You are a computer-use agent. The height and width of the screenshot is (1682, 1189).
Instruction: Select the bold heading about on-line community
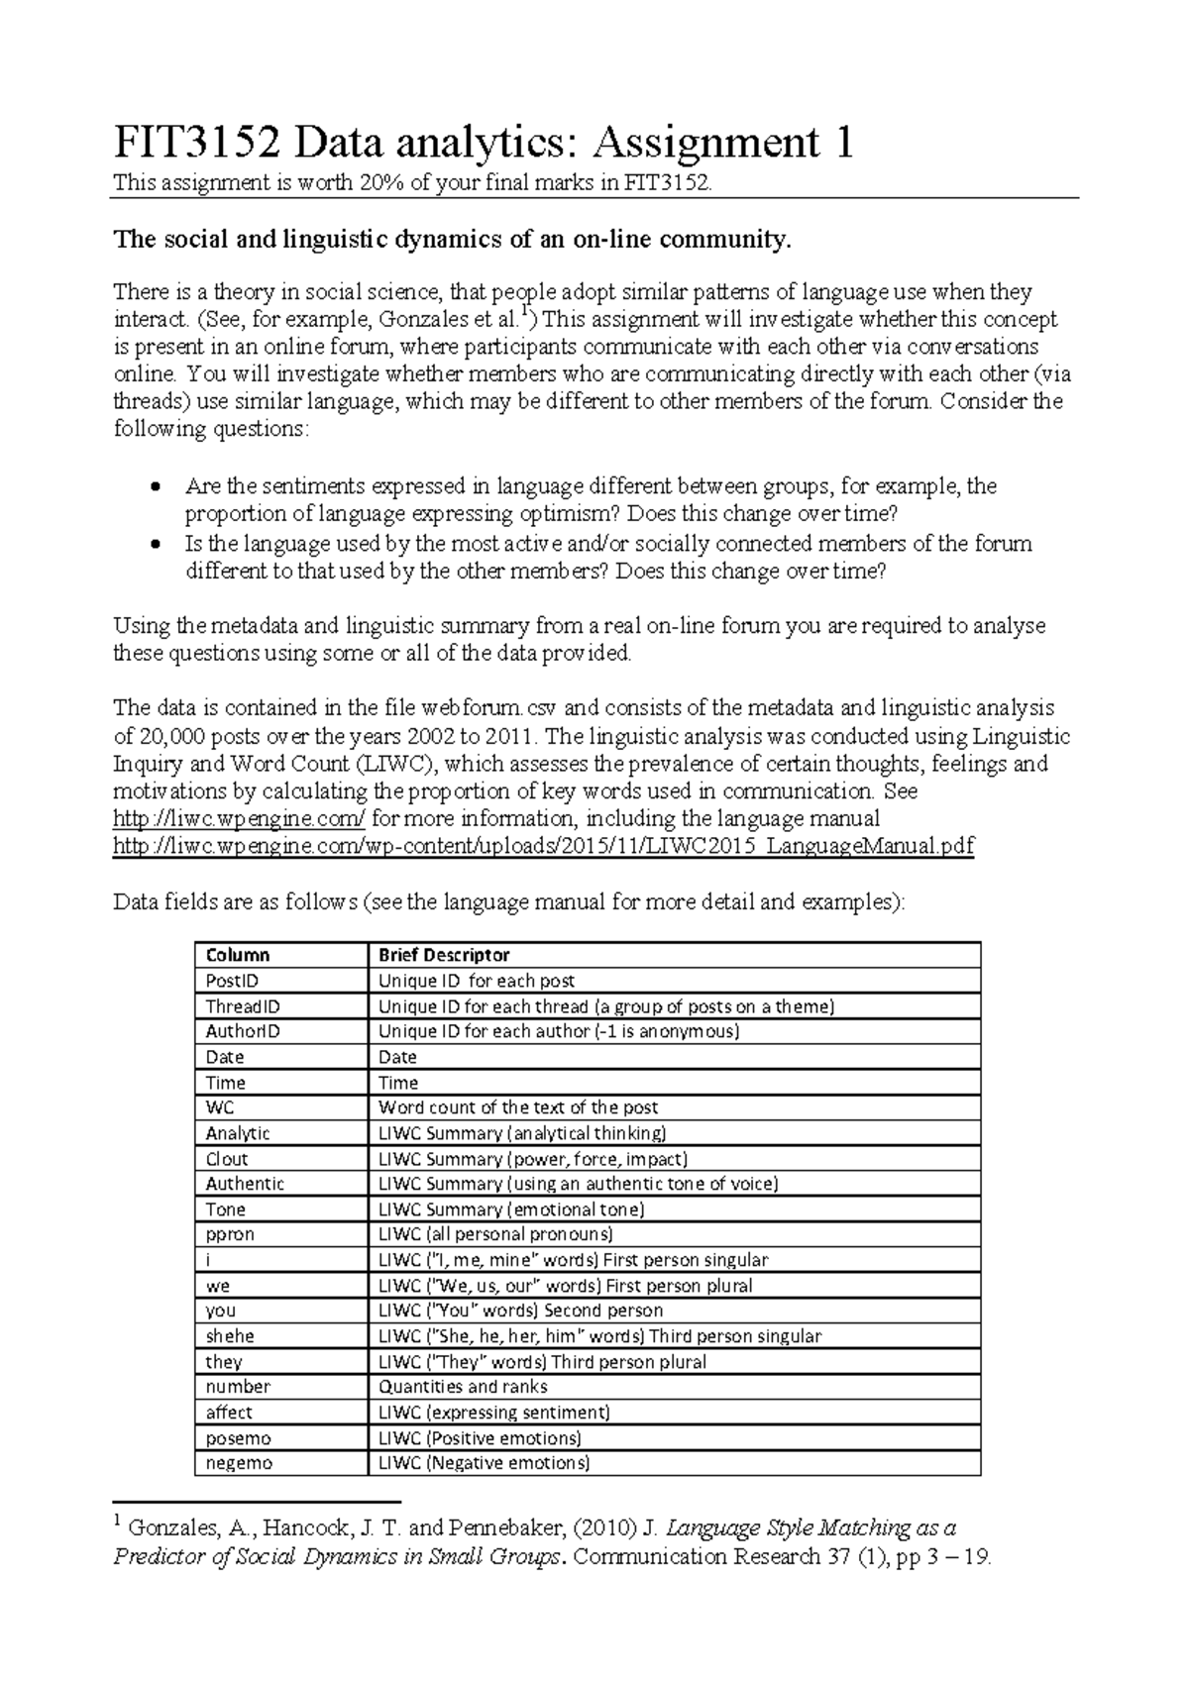[x=454, y=240]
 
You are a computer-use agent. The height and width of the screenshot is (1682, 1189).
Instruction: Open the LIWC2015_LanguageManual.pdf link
[x=544, y=847]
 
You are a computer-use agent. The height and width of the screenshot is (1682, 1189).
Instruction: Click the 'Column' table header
[x=237, y=955]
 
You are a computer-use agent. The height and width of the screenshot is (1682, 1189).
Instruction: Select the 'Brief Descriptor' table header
[x=444, y=955]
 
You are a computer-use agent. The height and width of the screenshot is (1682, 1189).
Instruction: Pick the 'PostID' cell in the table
[x=232, y=981]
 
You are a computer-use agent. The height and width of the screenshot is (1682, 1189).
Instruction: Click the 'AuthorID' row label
[x=243, y=1031]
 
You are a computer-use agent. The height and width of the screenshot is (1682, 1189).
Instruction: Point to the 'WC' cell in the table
[x=220, y=1107]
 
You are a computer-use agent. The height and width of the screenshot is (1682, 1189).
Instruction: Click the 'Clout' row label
[x=227, y=1158]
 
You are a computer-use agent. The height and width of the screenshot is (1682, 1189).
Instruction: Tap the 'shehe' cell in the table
[x=230, y=1336]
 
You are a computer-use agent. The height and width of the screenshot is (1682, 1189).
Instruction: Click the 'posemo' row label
[x=238, y=1438]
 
